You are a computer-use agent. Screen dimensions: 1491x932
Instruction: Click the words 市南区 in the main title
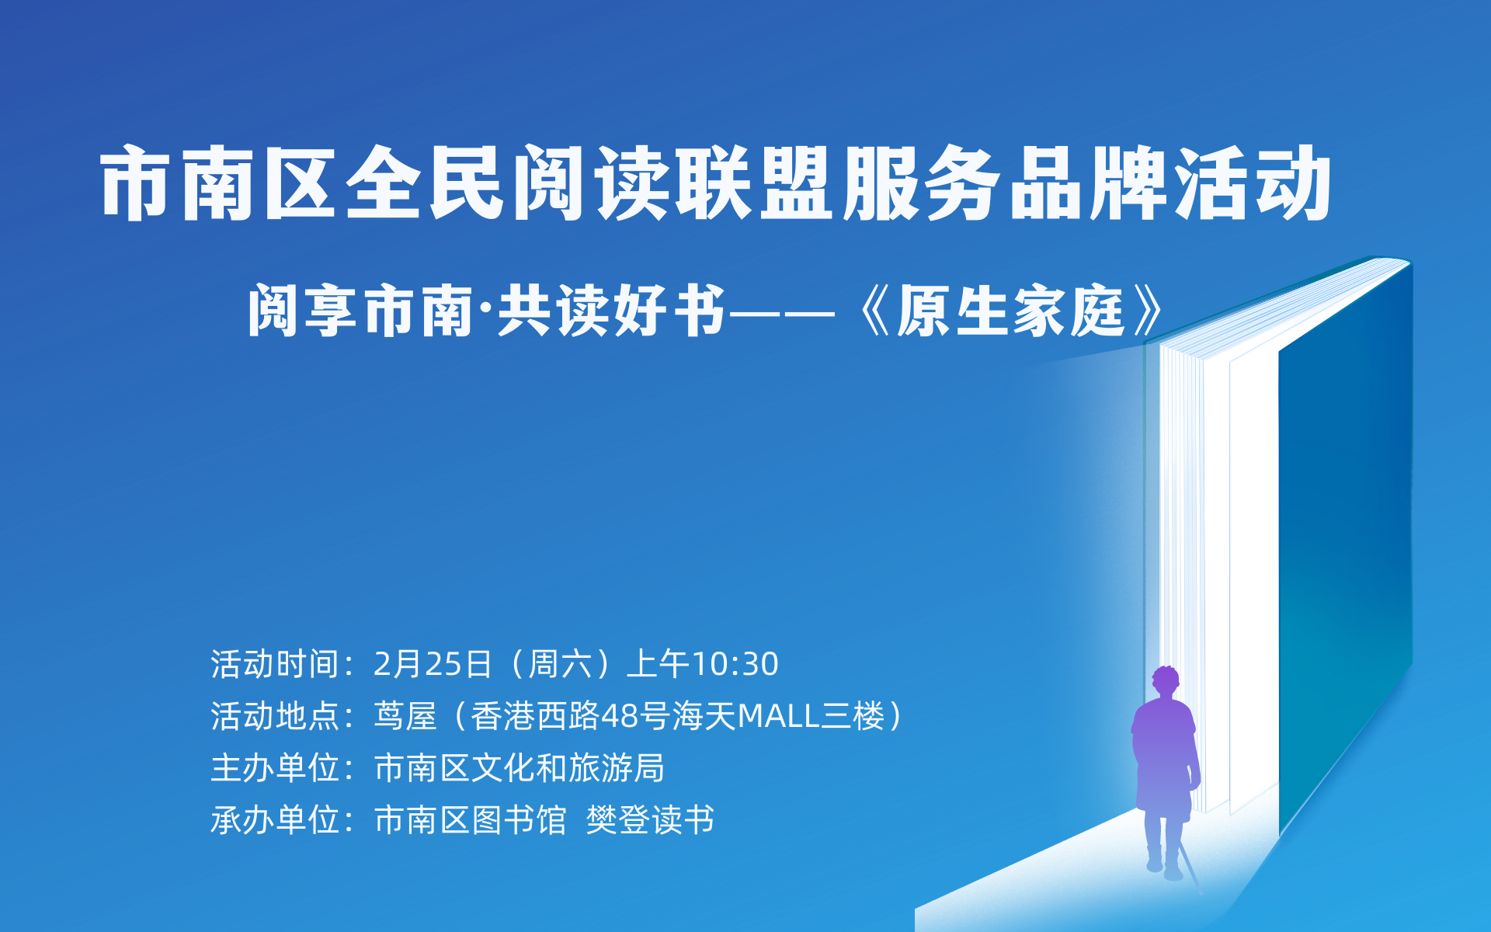pos(218,183)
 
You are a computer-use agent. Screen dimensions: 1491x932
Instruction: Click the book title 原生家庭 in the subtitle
pos(1010,311)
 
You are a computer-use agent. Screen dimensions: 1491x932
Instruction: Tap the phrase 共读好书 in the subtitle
pos(611,311)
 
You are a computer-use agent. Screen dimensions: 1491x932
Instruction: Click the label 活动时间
pos(275,664)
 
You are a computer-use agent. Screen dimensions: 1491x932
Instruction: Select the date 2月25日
pos(433,664)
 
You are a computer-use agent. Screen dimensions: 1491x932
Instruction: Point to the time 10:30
pos(735,664)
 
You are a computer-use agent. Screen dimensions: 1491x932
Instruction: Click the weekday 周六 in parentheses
pos(559,664)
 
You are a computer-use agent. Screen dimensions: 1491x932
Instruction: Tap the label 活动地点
pos(275,716)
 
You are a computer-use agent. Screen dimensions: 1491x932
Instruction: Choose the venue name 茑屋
pos(405,716)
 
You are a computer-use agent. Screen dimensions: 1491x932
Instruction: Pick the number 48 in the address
pos(619,716)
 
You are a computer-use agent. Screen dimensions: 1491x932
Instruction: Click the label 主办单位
pos(275,768)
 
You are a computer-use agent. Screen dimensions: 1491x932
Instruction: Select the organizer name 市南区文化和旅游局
pos(519,768)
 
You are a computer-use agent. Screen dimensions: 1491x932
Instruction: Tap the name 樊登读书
pos(650,820)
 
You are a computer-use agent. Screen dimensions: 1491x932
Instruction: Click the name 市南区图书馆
pos(470,820)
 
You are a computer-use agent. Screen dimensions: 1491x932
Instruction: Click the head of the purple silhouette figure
pos(1166,681)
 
